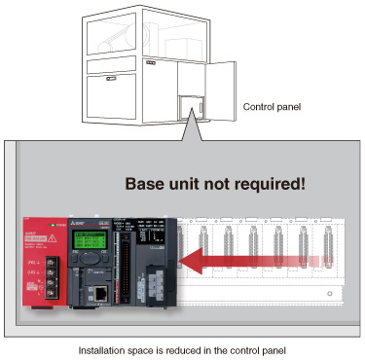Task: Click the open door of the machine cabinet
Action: click(224, 81)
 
